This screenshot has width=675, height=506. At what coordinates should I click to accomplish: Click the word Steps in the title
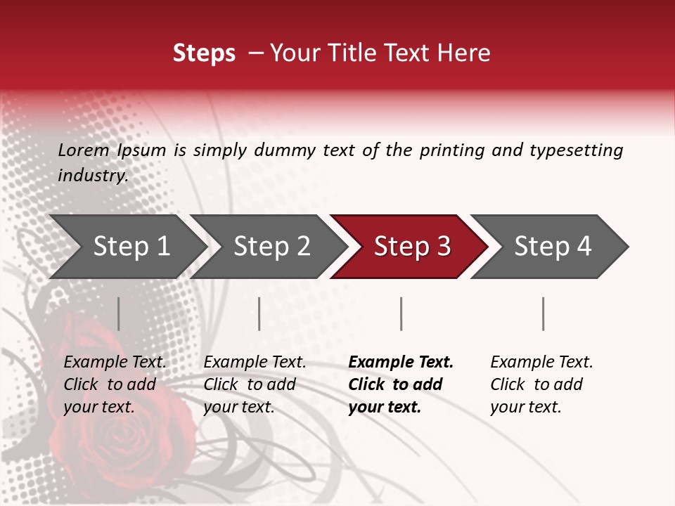tap(204, 53)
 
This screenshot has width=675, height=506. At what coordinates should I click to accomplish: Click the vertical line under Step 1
tap(119, 313)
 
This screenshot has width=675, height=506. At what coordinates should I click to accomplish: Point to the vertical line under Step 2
tap(259, 313)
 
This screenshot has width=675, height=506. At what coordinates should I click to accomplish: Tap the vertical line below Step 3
tap(401, 313)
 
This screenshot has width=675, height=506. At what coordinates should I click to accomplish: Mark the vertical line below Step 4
tap(543, 313)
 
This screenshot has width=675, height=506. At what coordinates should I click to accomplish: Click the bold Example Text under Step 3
tap(401, 384)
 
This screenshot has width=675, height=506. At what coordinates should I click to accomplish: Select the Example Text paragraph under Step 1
tap(115, 384)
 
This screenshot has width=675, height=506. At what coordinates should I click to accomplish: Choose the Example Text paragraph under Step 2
tap(255, 384)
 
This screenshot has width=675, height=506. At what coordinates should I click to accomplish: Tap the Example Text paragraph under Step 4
tap(541, 384)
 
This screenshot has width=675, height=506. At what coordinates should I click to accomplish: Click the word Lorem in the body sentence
tap(83, 150)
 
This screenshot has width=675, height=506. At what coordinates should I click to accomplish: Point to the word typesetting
tap(576, 150)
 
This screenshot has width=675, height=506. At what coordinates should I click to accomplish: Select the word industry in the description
tap(92, 176)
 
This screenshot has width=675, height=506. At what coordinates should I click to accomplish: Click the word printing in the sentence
tap(452, 150)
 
